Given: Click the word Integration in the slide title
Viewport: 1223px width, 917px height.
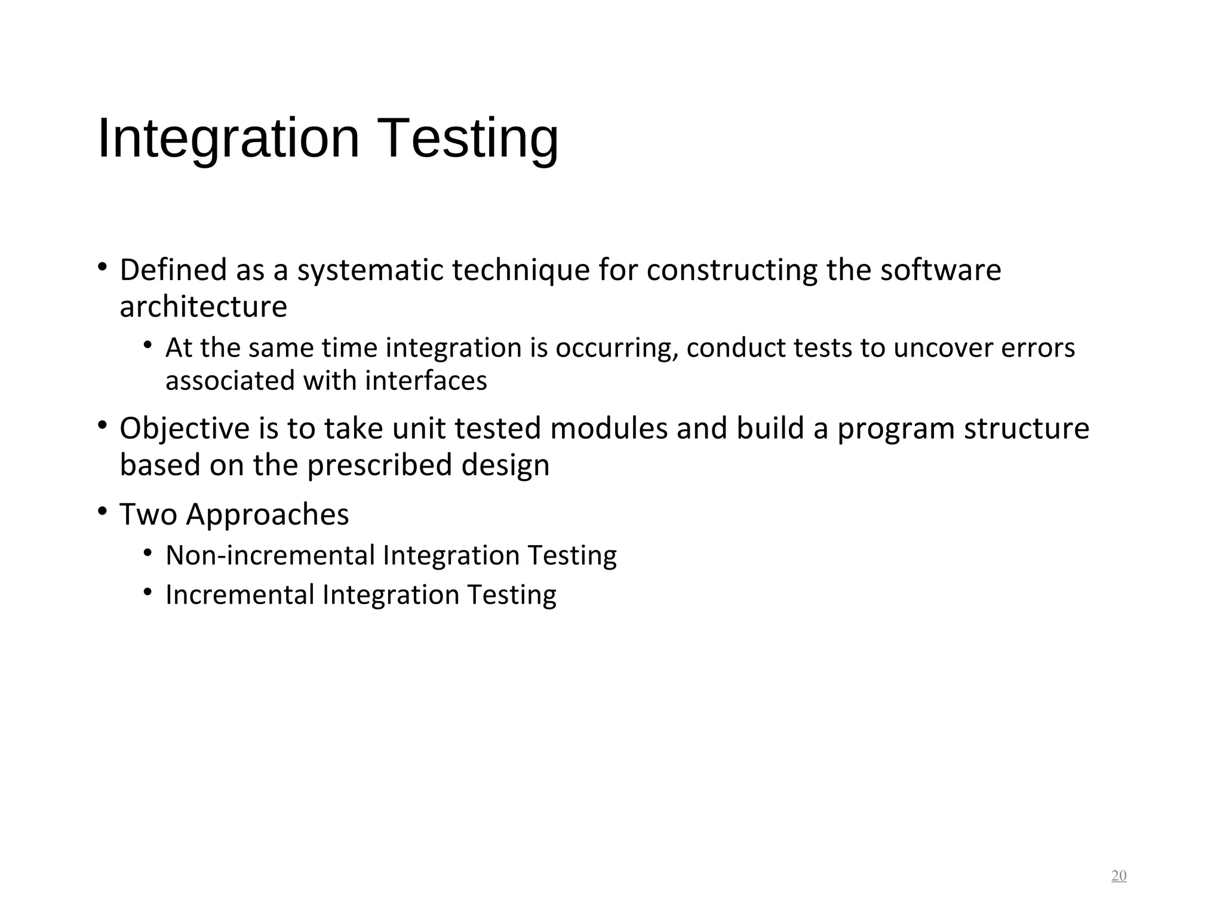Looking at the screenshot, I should (x=229, y=139).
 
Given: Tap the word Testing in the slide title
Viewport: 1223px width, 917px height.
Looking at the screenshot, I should (x=469, y=139).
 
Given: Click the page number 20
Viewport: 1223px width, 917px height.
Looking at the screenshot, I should (x=1118, y=876).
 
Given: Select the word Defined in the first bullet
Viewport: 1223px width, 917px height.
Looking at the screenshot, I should (x=173, y=270).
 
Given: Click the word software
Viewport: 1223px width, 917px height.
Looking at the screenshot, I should (x=941, y=270).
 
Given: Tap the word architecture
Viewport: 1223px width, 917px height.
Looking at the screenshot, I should (x=203, y=307).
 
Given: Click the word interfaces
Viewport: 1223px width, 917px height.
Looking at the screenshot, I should (x=426, y=381).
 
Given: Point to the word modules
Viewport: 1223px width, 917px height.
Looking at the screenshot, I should (x=609, y=428).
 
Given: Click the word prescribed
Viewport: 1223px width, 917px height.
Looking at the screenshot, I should (x=380, y=466).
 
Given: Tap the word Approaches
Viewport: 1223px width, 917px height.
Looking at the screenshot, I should (x=267, y=515).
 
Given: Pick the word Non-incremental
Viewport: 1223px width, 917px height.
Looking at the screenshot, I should (x=270, y=555).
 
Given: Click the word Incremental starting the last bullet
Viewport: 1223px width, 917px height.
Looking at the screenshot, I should (x=240, y=595).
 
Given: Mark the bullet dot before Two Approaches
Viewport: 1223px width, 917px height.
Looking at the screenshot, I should (x=103, y=512).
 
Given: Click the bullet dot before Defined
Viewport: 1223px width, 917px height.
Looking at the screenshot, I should (x=103, y=267).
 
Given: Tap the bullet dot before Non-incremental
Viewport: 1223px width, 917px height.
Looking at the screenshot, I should (x=148, y=553).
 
